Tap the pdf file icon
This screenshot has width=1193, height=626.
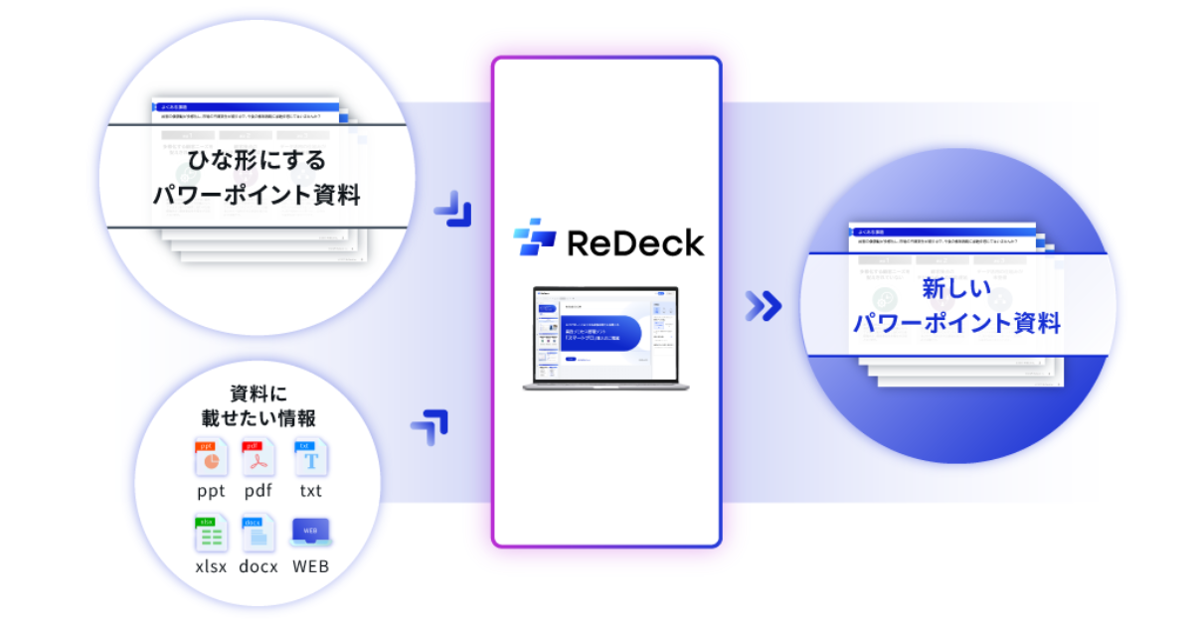[x=258, y=458]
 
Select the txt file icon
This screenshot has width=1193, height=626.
[x=310, y=458]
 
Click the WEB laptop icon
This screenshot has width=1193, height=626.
[x=310, y=533]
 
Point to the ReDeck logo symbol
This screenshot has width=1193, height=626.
[x=534, y=238]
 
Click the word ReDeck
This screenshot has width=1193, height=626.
[x=635, y=242]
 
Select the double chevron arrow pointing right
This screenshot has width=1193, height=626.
[x=764, y=306]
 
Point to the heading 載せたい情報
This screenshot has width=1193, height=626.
[x=258, y=417]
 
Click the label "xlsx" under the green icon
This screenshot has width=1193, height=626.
[x=211, y=567]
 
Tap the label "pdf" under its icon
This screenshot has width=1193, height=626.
[x=258, y=491]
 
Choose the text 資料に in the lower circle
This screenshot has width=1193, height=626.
[x=258, y=392]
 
